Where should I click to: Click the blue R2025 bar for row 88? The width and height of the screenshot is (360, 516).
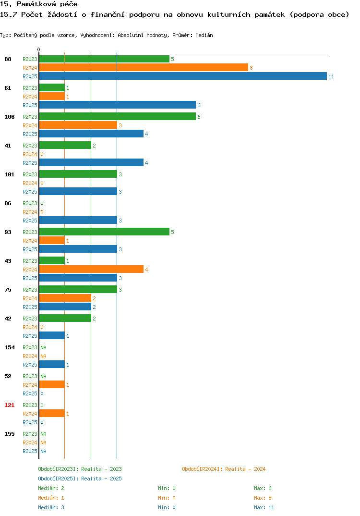183,76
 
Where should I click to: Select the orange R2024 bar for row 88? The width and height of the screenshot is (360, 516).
144,67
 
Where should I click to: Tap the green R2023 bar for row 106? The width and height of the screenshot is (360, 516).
118,116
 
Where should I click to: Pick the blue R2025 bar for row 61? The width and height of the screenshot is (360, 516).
118,105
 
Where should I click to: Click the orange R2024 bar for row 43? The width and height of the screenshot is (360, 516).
91,269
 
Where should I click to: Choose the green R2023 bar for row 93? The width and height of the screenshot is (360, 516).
104,232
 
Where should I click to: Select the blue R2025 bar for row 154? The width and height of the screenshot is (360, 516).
52,364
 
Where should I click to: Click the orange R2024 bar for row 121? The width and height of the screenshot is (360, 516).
52,413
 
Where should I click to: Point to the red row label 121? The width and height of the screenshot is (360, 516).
10,405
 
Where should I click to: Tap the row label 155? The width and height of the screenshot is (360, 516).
10,434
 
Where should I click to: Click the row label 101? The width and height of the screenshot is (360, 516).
10,174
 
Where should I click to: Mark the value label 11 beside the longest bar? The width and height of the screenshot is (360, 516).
331,76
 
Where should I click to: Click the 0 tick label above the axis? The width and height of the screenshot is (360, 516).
38,49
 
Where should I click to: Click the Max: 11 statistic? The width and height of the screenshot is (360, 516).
264,507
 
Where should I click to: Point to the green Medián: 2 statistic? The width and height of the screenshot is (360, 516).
51,488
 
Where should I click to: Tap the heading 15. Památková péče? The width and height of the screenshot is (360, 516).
39,4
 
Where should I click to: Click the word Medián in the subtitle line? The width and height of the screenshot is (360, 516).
204,35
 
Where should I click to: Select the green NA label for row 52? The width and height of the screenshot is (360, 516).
43,376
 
